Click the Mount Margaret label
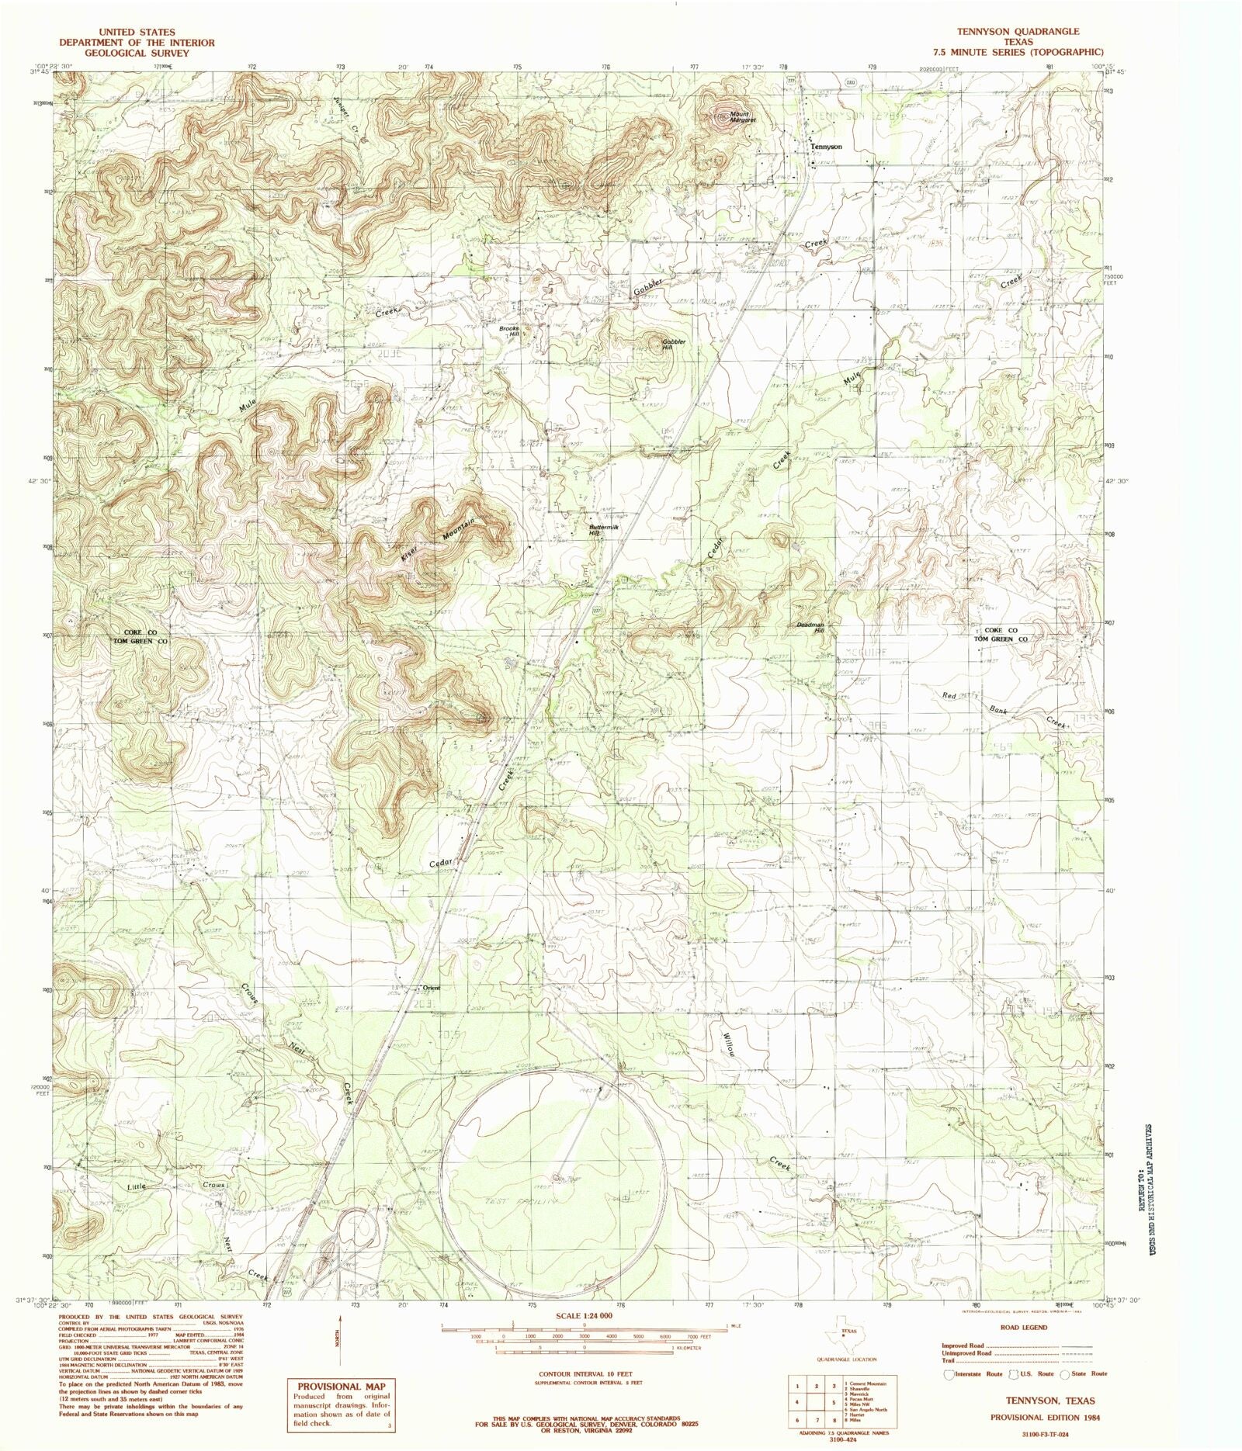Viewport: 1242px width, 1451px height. (741, 117)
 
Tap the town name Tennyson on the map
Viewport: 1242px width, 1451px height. (825, 147)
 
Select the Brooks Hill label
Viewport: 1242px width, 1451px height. (509, 331)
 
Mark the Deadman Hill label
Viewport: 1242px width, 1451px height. (810, 628)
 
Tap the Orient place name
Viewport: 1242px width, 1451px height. (431, 988)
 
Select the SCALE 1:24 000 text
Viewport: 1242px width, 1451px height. (584, 1317)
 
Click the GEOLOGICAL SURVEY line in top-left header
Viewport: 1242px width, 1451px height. (137, 53)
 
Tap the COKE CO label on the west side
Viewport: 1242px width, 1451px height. (141, 632)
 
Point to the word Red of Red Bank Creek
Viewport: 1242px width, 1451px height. (949, 695)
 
